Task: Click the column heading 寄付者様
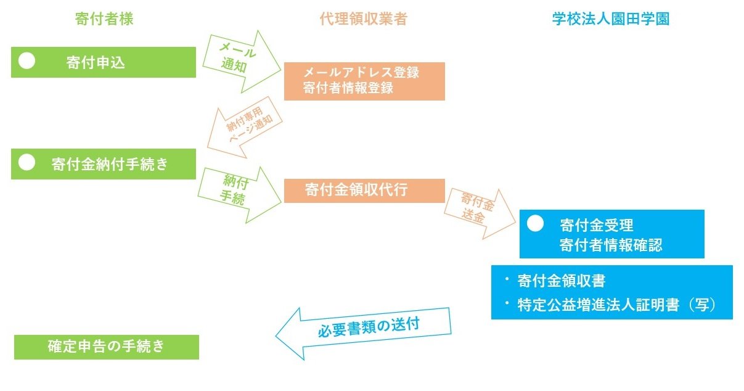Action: (x=104, y=19)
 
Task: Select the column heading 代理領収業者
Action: (x=363, y=19)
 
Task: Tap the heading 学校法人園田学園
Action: (x=610, y=19)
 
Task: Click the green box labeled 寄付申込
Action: (x=104, y=62)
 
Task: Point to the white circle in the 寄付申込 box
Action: (x=27, y=60)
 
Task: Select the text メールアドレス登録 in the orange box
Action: (x=361, y=72)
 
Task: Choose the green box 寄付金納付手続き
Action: (x=104, y=164)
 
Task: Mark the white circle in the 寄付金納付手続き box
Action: (x=27, y=162)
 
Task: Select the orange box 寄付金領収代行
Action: (x=364, y=190)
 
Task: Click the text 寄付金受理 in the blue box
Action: (x=596, y=224)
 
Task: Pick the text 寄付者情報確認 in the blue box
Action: (x=610, y=245)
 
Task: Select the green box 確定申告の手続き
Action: (x=107, y=347)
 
